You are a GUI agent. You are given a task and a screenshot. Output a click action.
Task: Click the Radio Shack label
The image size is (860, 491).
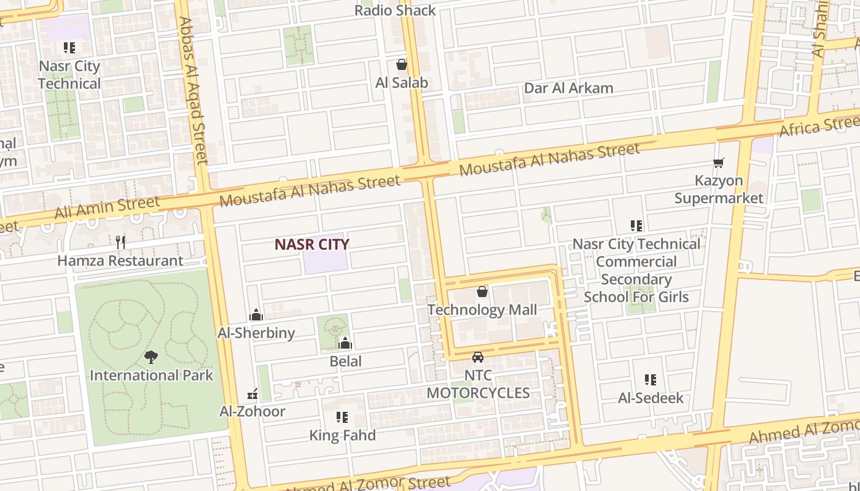[x=395, y=10]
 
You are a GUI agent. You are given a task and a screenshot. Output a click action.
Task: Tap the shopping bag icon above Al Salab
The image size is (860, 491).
[x=402, y=64]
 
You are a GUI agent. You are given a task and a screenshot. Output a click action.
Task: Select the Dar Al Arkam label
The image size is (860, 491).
[x=568, y=88]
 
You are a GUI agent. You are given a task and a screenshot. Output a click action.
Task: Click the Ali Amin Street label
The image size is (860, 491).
[x=107, y=207]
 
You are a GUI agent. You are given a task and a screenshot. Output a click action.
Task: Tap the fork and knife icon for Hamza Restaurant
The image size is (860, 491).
[x=120, y=242]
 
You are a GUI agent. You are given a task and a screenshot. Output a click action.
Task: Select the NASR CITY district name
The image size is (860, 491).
[x=311, y=244]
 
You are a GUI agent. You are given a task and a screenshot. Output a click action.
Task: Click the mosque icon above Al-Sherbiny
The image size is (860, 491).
[x=256, y=315]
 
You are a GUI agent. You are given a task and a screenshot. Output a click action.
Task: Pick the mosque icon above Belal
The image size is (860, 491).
[x=345, y=343]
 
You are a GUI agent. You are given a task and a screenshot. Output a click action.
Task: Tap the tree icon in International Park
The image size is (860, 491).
[x=151, y=357]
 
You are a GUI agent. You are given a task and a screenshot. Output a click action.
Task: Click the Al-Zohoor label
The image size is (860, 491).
[x=252, y=411]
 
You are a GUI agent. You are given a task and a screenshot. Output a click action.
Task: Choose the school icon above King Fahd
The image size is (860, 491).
[x=342, y=418]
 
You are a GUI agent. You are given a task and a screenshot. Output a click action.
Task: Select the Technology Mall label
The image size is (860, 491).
[x=482, y=310]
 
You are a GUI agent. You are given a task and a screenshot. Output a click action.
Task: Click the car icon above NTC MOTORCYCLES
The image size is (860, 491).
[x=478, y=357]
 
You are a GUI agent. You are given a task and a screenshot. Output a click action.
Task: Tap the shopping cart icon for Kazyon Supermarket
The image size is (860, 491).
[x=719, y=163]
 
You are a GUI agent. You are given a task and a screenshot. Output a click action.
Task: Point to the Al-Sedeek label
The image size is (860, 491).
[x=651, y=398]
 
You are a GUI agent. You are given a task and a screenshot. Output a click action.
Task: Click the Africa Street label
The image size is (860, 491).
[x=820, y=126]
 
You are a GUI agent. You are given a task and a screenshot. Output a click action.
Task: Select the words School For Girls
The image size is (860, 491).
[x=636, y=297]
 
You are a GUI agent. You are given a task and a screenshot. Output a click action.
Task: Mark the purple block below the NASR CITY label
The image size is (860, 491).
[x=325, y=261]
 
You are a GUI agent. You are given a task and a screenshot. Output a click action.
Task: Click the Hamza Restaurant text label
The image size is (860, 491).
[x=120, y=261]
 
